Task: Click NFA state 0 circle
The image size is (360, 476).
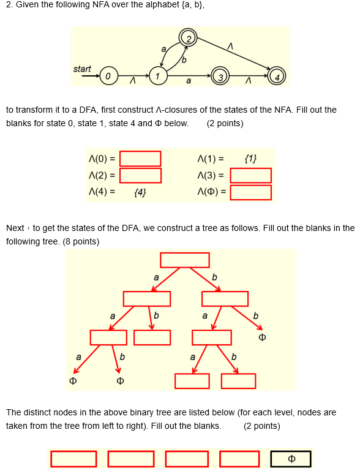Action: click(107, 77)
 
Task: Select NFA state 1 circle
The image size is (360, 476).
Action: click(158, 77)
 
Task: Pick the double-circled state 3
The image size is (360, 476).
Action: click(220, 77)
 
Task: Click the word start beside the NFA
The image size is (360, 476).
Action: click(82, 69)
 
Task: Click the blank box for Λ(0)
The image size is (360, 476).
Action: click(140, 159)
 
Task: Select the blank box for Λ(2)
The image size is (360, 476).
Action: click(140, 176)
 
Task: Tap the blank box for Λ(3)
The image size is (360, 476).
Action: click(250, 176)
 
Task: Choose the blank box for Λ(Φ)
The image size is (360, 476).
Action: click(250, 192)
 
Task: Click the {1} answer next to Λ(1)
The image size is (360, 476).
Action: click(250, 159)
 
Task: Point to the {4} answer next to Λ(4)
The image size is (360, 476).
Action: click(140, 193)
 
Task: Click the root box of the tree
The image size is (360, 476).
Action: click(185, 260)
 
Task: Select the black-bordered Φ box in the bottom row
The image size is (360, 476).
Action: click(291, 459)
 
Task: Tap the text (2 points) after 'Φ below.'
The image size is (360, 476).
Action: click(225, 123)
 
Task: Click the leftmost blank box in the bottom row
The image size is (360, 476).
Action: click(73, 459)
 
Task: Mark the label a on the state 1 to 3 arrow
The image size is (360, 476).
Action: click(188, 81)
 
